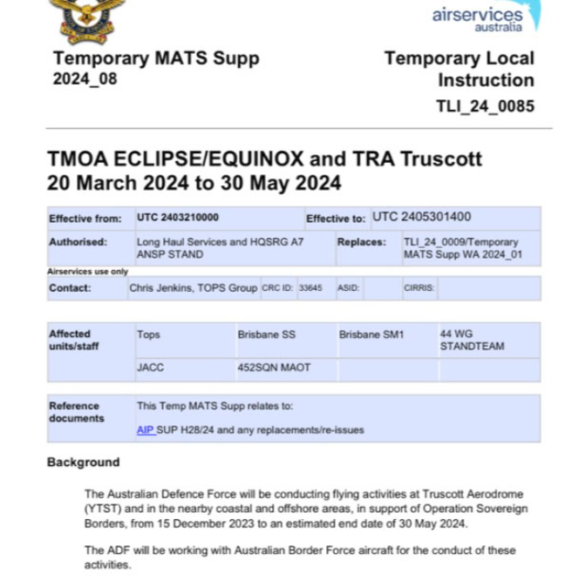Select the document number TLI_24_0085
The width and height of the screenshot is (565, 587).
pyautogui.click(x=485, y=107)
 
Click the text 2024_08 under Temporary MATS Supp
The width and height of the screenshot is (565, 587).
pyautogui.click(x=85, y=80)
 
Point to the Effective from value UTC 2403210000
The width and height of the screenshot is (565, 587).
pyautogui.click(x=178, y=218)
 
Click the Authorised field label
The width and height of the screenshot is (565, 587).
pyautogui.click(x=78, y=241)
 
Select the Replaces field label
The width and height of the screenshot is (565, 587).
pyautogui.click(x=361, y=241)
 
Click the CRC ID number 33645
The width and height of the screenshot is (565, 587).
pyautogui.click(x=310, y=287)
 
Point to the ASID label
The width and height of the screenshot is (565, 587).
pyautogui.click(x=347, y=287)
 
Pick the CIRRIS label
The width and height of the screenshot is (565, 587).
pyautogui.click(x=419, y=287)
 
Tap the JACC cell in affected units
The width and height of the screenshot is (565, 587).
pyautogui.click(x=150, y=368)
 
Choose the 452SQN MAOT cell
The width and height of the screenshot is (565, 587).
pyautogui.click(x=273, y=368)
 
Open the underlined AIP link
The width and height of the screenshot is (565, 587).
pyautogui.click(x=146, y=429)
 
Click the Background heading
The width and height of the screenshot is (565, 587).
pyautogui.click(x=83, y=462)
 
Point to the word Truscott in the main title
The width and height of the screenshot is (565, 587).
pyautogui.click(x=439, y=160)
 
